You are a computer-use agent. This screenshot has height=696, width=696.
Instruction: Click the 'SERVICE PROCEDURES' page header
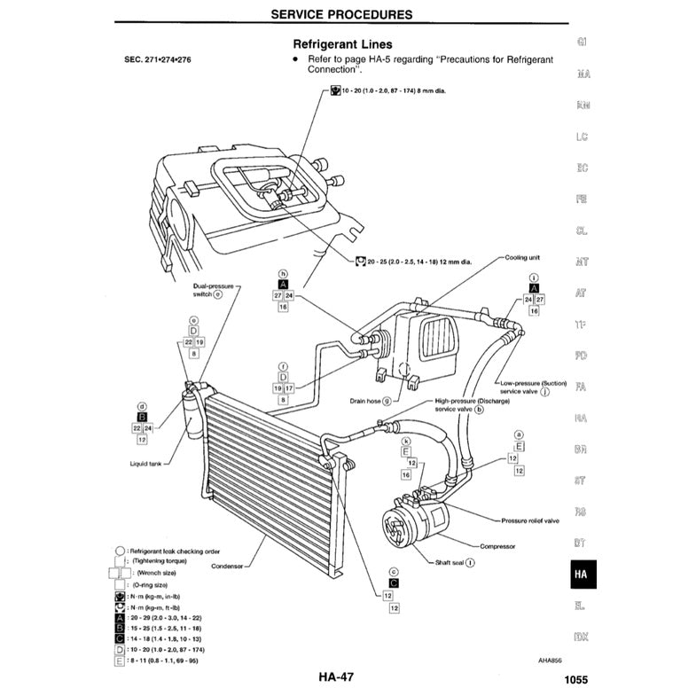pos(340,14)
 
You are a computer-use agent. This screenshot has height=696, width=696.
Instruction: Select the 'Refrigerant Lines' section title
pos(342,43)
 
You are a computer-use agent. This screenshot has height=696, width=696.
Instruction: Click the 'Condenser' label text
pos(228,566)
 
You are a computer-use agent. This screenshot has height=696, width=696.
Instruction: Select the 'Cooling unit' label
pos(522,258)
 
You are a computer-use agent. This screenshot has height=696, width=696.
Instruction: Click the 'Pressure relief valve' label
pos(529,520)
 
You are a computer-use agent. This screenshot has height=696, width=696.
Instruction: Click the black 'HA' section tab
pos(580,575)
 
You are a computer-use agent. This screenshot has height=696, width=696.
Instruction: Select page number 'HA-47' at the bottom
pos(336,678)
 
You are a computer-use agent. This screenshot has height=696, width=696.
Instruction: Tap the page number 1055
pos(575,681)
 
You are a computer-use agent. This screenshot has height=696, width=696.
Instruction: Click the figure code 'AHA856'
pos(550,660)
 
